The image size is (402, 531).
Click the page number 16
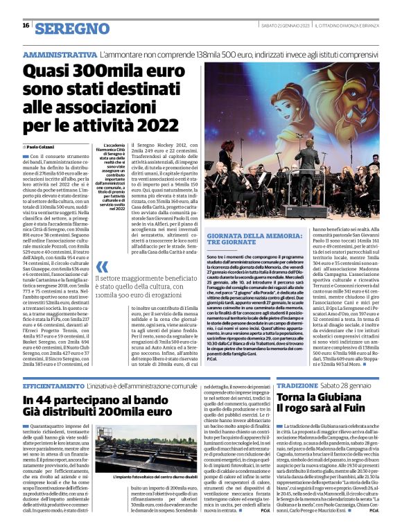point(25,25)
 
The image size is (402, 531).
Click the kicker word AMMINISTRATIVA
point(60,54)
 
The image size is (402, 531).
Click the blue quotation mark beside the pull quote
point(102,266)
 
